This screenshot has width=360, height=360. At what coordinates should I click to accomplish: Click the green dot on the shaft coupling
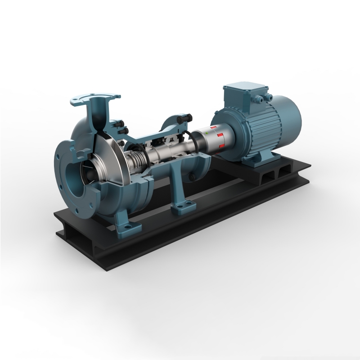[x=207, y=133]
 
